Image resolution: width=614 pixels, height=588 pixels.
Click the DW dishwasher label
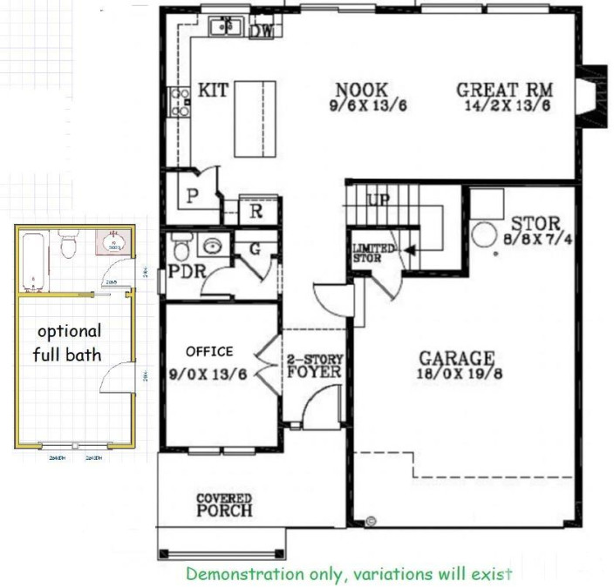tap(260, 31)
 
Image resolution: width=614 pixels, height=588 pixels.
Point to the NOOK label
tap(361, 90)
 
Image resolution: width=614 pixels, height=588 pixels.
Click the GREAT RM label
tap(504, 91)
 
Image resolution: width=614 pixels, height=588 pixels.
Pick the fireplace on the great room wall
tap(592, 97)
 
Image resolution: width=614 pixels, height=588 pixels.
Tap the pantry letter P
tap(193, 196)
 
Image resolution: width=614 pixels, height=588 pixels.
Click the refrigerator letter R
tap(257, 211)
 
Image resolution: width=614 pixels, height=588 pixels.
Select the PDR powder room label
tap(187, 271)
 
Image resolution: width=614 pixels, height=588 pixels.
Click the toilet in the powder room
tap(181, 247)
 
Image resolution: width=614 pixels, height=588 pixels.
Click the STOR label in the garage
tap(535, 224)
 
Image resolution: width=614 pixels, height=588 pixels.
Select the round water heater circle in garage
tap(484, 233)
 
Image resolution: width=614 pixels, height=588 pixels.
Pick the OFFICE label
tap(209, 352)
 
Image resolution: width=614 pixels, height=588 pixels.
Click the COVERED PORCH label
tap(224, 505)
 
